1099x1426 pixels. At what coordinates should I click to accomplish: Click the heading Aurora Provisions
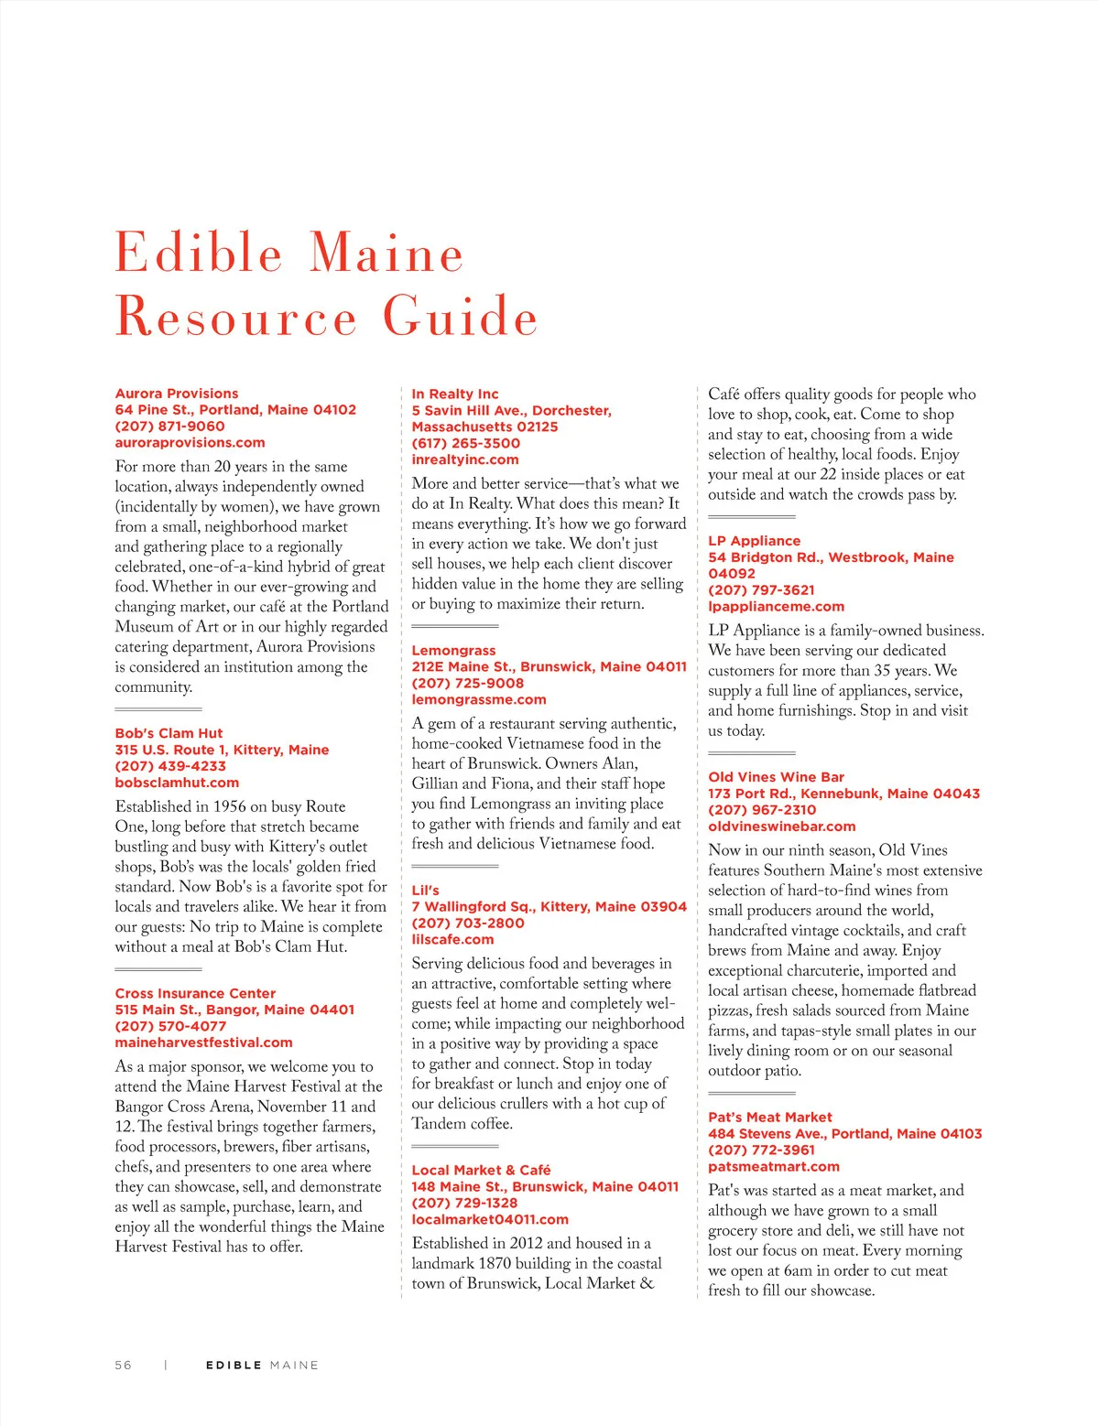177,394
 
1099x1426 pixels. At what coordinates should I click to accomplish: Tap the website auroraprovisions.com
190,443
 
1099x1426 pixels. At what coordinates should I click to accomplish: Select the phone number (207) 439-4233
170,766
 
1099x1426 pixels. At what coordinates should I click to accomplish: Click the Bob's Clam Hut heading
169,733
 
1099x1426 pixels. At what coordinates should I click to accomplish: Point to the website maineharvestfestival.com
203,1042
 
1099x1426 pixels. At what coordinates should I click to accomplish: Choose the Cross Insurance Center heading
195,993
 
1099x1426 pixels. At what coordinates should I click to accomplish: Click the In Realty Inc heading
455,394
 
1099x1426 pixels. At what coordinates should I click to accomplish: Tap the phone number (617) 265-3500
466,443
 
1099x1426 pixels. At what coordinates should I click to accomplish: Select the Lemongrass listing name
453,651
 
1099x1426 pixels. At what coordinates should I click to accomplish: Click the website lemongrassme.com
479,700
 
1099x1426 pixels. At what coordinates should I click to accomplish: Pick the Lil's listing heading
425,891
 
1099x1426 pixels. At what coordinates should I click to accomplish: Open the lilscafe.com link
452,940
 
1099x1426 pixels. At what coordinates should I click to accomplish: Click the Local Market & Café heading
481,1171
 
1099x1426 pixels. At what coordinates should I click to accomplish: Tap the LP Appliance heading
754,541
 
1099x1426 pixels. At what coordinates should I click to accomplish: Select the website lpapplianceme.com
776,607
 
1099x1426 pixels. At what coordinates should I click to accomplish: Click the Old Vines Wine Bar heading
776,777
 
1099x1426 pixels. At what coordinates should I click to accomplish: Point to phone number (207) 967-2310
762,810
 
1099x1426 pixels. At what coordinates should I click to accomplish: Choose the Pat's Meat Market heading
770,1118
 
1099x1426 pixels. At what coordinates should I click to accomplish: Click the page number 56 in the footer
123,1365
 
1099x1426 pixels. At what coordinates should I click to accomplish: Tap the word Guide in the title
460,317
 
